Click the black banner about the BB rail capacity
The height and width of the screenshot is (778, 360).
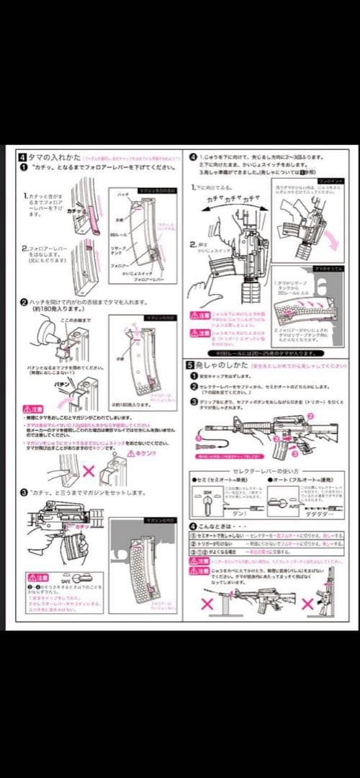point(264,354)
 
